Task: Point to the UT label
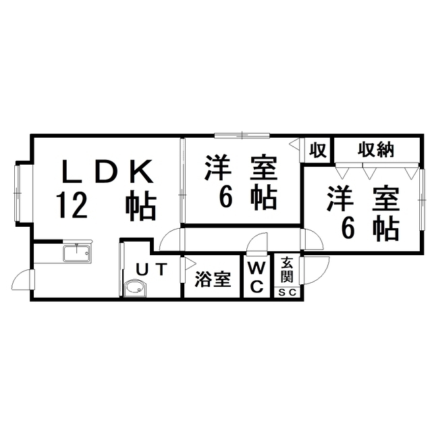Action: [152, 269]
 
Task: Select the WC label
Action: [257, 277]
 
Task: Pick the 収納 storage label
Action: [375, 150]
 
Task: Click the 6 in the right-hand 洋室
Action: [348, 228]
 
